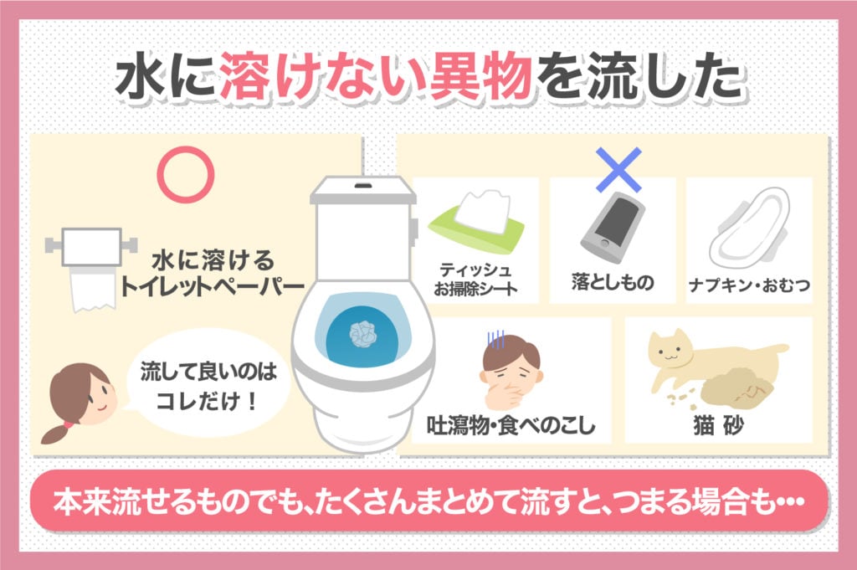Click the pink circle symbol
[x=187, y=174]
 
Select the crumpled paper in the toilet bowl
[x=362, y=333]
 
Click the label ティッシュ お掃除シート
[x=477, y=280]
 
